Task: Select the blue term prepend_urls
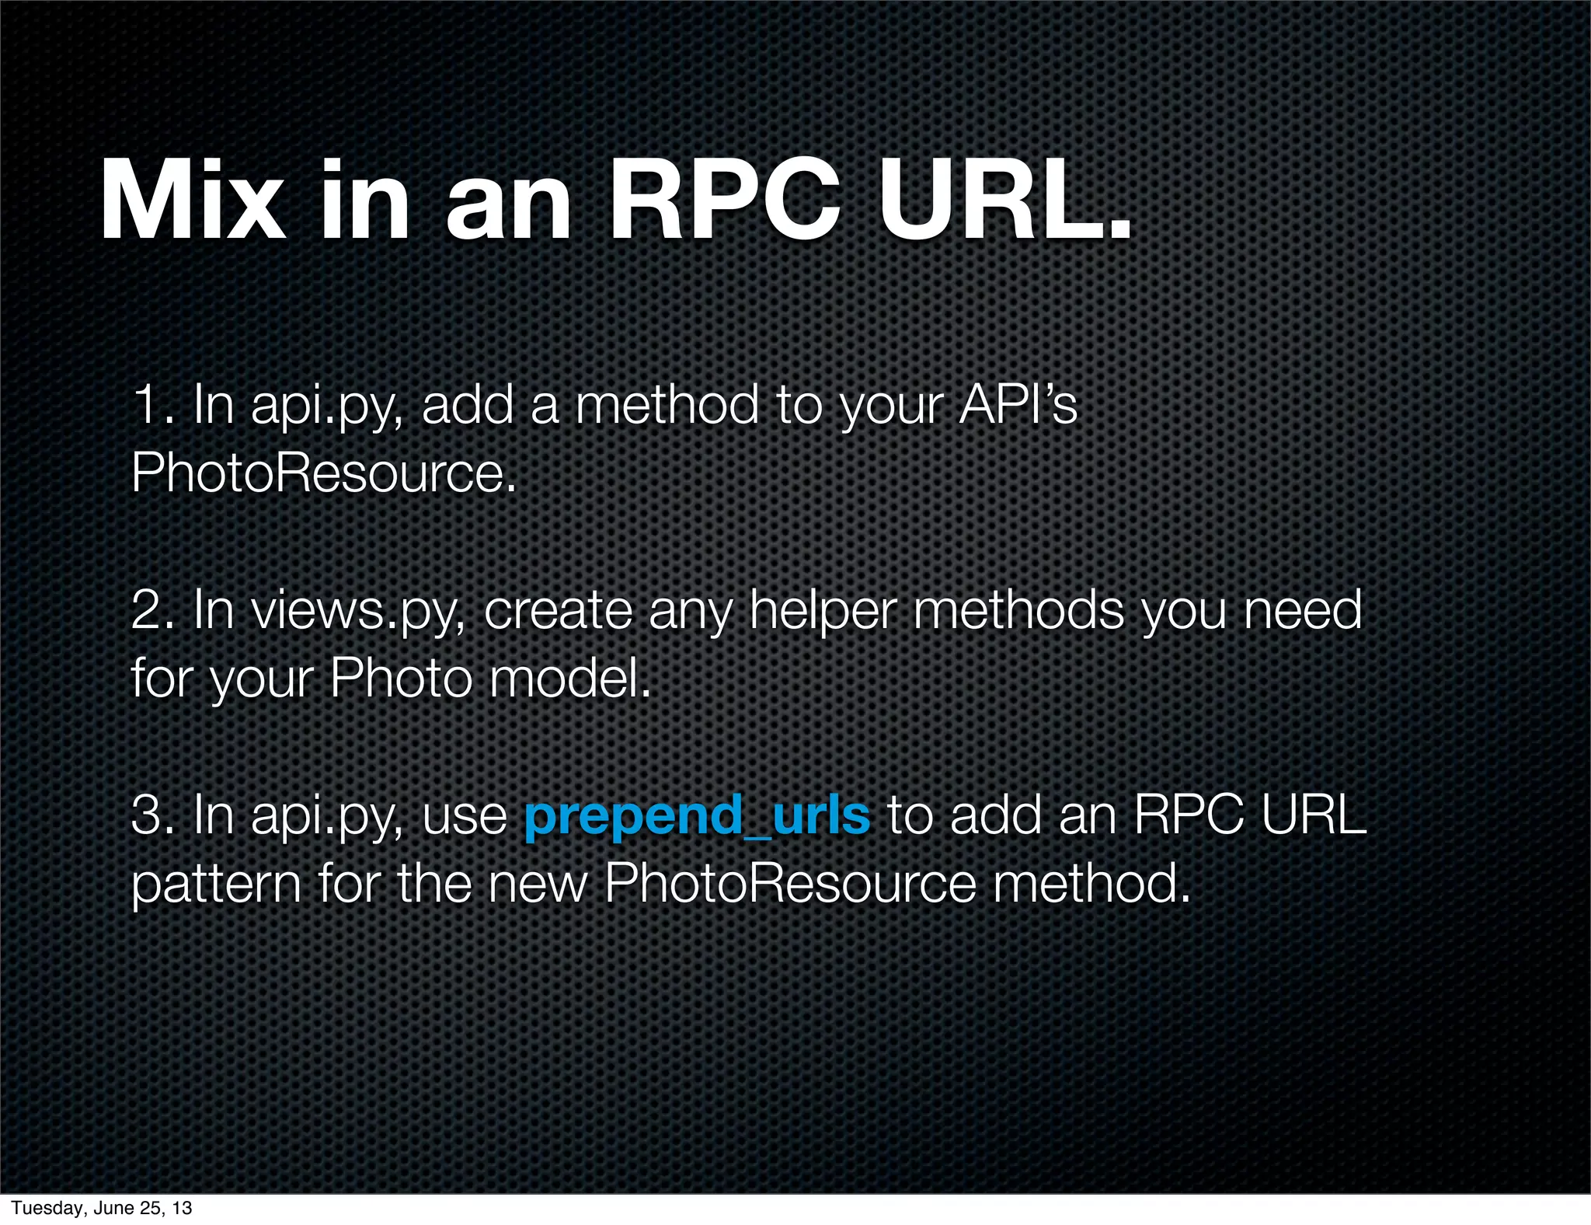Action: (x=697, y=816)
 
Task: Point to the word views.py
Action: (x=358, y=612)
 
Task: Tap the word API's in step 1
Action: (x=1018, y=406)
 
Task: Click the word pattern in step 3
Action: (x=216, y=885)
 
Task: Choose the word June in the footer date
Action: (x=113, y=1208)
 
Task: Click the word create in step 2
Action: (x=558, y=611)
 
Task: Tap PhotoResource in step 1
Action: (x=323, y=473)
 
